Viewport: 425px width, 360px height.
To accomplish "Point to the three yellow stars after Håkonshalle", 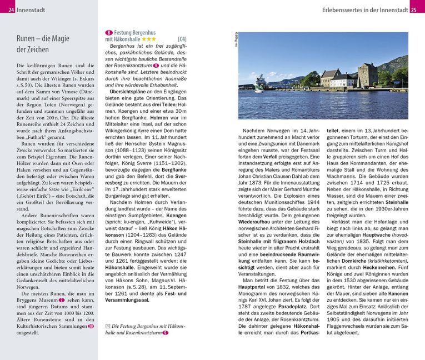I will click(148, 40).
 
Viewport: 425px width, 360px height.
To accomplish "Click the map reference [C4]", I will click(182, 40).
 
